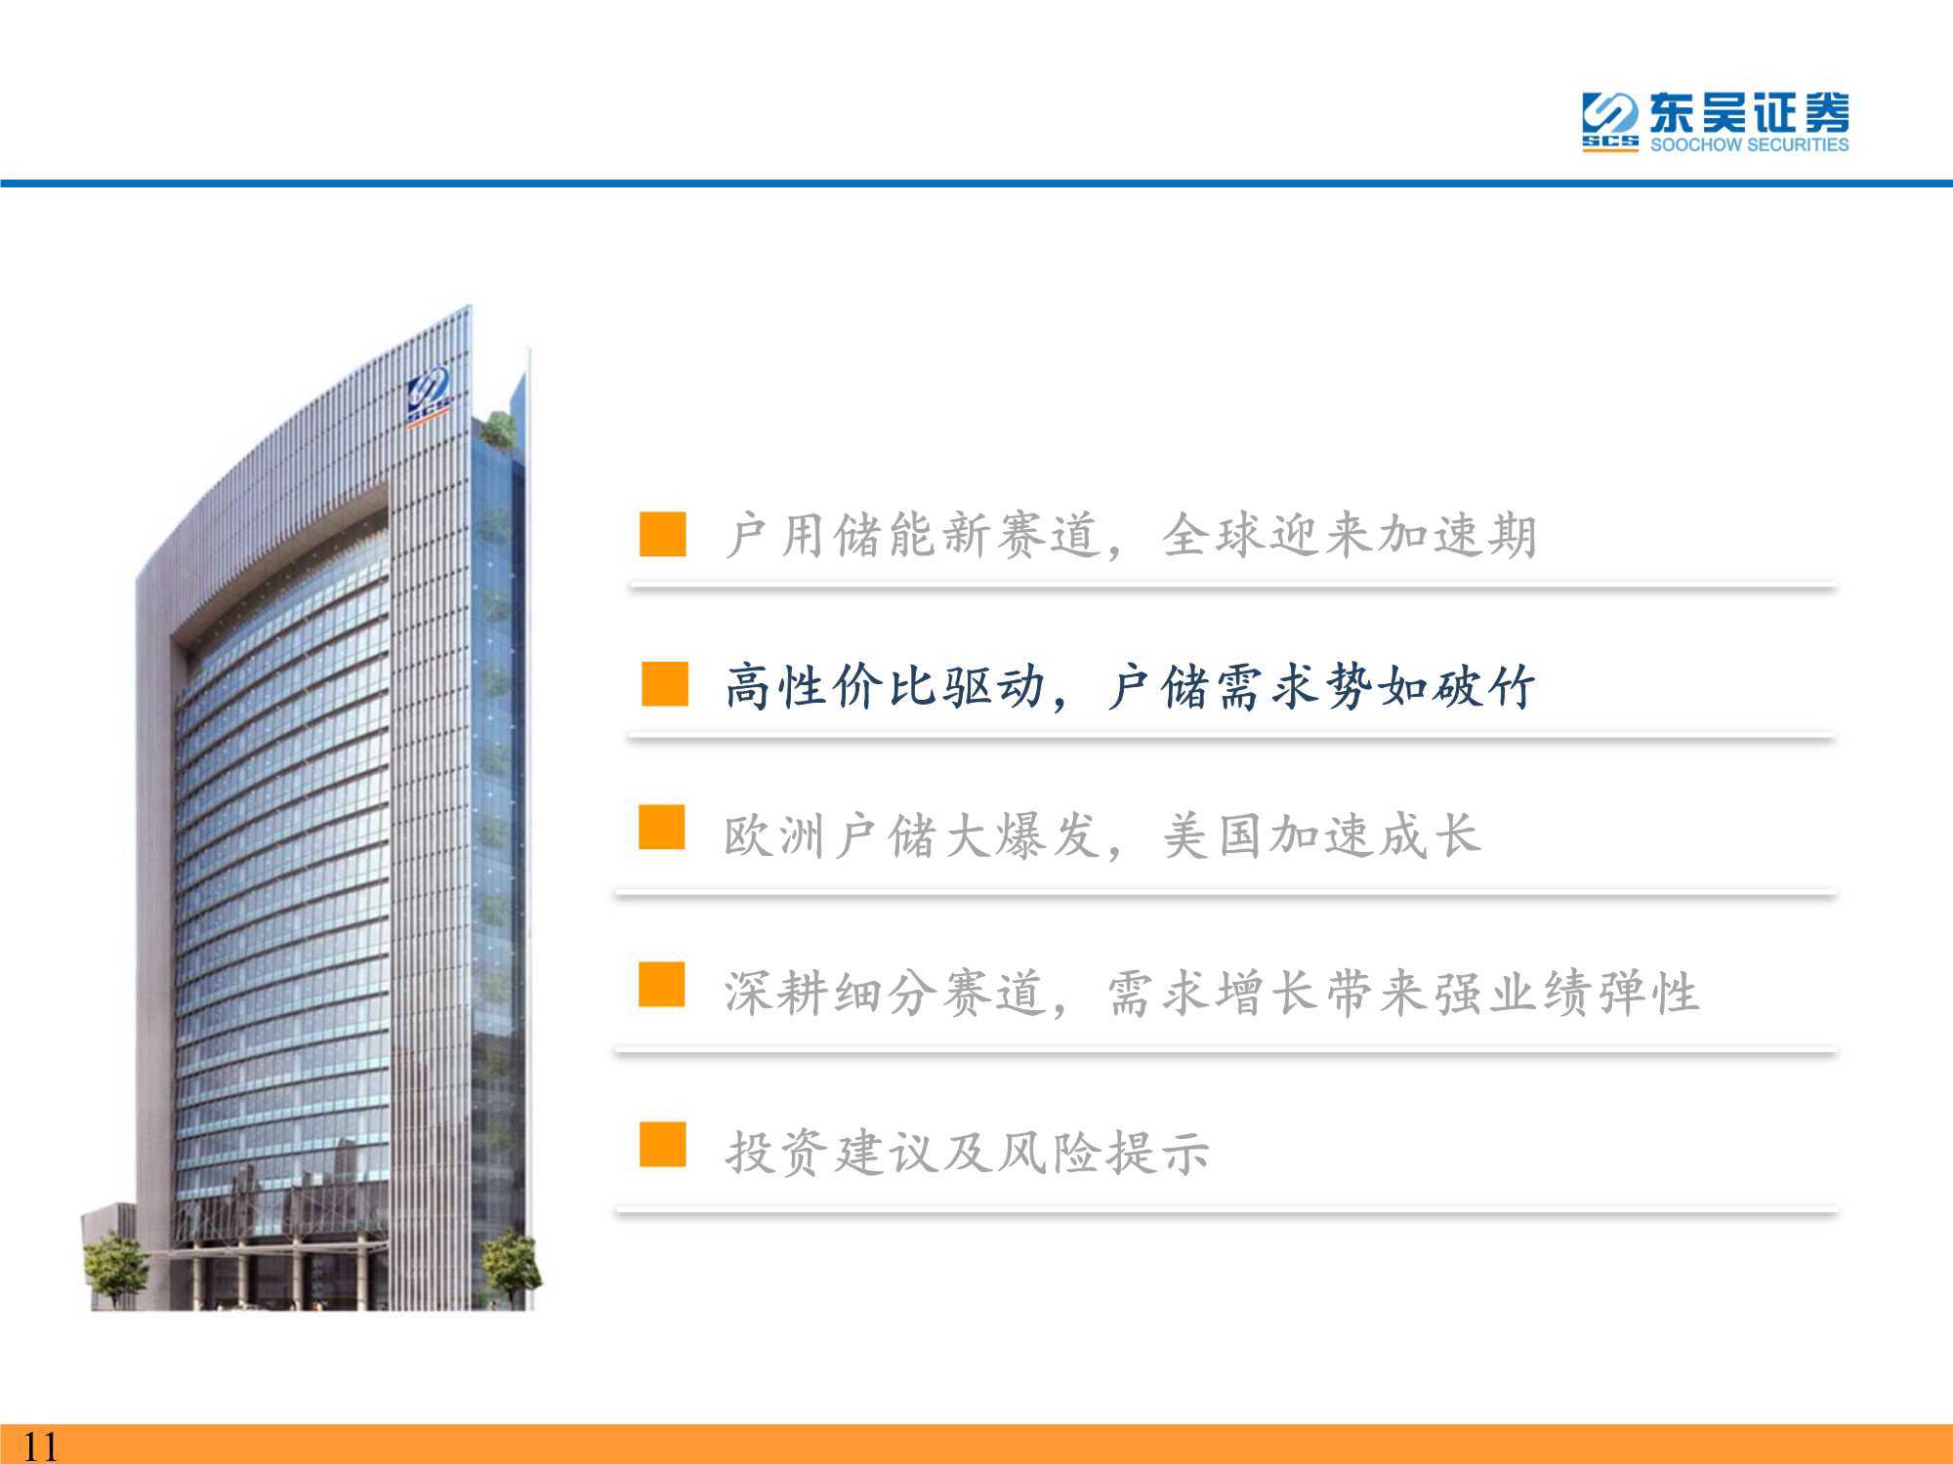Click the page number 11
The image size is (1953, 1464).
(x=41, y=1444)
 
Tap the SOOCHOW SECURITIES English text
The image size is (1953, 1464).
(x=1749, y=144)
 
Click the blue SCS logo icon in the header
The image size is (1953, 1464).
(x=1610, y=122)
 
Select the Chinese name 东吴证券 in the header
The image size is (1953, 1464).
(x=1749, y=112)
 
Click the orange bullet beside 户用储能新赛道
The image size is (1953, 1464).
(x=663, y=534)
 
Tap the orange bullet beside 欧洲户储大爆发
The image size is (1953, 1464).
(x=662, y=828)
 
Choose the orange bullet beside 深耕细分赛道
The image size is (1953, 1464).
(x=662, y=984)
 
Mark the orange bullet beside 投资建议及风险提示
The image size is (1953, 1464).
(x=663, y=1144)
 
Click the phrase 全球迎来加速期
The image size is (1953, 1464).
(x=1350, y=536)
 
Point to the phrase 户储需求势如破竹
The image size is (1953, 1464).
(x=1320, y=686)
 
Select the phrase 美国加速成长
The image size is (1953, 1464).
(x=1322, y=836)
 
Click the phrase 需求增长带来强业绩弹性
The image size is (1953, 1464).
(x=1402, y=993)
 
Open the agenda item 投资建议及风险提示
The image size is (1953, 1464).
(x=967, y=1153)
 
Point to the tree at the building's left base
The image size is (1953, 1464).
(x=115, y=1271)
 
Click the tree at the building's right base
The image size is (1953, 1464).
(x=510, y=1266)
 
